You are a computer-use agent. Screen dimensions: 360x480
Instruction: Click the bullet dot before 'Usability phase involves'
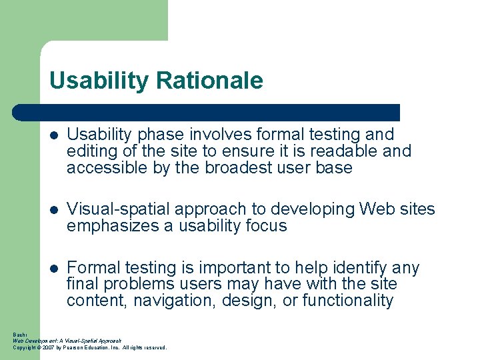[55, 135]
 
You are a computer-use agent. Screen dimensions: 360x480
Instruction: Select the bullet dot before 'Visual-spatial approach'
[55, 210]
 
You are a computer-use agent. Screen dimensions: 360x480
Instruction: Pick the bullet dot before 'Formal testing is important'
[55, 269]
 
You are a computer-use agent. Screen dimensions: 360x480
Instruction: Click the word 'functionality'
[347, 301]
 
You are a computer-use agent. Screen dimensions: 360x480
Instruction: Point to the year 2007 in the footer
[49, 347]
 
